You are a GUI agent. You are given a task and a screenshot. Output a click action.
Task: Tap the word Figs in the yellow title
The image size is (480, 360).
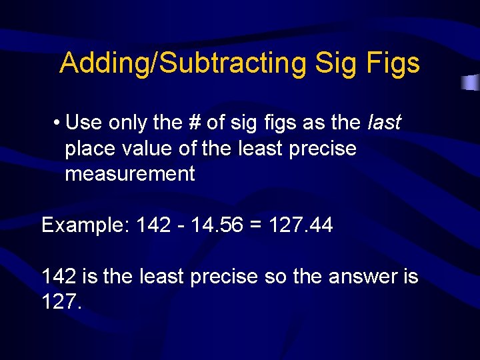pos(393,63)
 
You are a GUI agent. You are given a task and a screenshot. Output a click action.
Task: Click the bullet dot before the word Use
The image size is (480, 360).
pos(59,123)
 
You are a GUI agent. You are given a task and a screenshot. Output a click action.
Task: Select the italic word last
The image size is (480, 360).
pos(384,123)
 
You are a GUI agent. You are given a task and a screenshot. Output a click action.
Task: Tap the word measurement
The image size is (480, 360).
pos(129,174)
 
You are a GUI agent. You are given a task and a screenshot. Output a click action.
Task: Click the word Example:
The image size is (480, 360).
pos(85,225)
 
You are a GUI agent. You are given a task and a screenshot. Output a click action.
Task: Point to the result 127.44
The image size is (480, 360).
pos(301,225)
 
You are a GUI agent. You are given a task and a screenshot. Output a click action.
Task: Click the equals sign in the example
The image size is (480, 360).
pos(255,225)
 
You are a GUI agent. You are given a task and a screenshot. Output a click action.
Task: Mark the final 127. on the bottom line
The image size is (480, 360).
pos(61,302)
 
